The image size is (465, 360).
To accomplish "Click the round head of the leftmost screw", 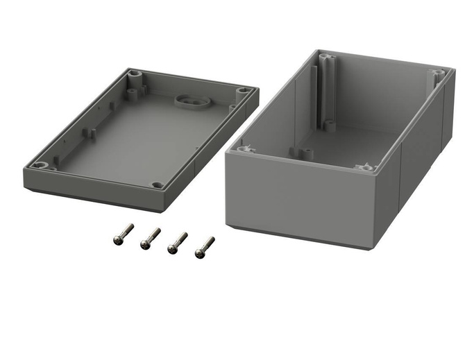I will [x=118, y=239].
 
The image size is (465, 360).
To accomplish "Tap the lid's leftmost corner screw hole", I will [x=40, y=165].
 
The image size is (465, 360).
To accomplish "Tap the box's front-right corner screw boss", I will [x=365, y=166].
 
